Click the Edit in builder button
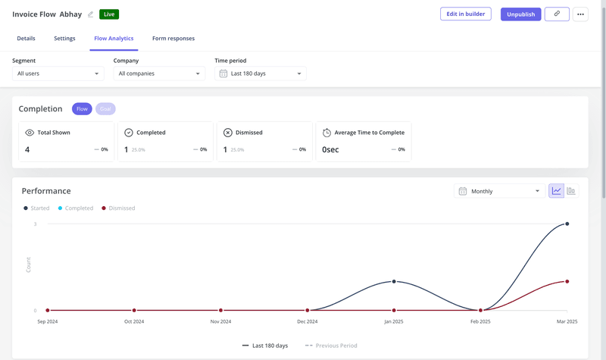(466, 14)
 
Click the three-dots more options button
(580, 14)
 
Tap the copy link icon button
(557, 14)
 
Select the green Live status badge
(109, 14)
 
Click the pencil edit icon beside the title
(91, 14)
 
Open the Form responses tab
(173, 39)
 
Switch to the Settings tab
(64, 39)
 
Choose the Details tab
(26, 39)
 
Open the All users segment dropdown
(58, 74)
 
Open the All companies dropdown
(159, 74)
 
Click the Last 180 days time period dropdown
(261, 74)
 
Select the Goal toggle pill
(105, 109)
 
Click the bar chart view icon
(571, 191)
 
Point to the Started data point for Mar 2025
(567, 224)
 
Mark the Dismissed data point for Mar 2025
(567, 281)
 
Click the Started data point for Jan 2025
(394, 281)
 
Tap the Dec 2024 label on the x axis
(307, 321)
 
